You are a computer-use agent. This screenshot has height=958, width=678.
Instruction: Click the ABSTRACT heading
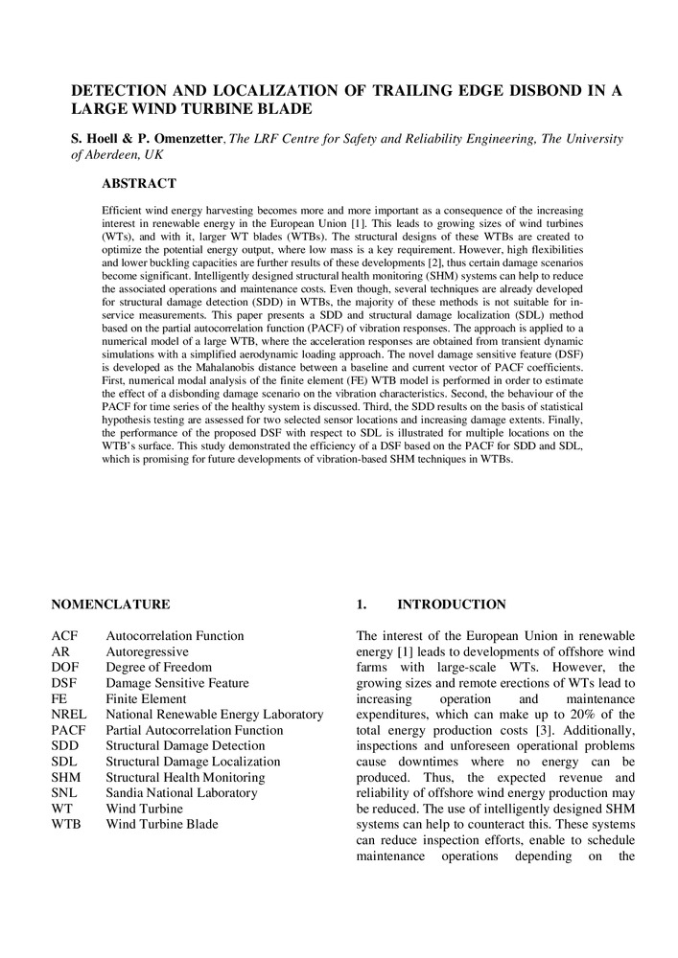[139, 183]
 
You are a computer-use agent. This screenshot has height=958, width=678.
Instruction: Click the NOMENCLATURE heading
[110, 604]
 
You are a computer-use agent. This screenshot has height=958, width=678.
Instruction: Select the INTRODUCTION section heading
[452, 604]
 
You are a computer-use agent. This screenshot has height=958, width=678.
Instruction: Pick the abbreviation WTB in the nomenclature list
[67, 824]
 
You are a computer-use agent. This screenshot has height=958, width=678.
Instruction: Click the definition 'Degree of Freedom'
[158, 668]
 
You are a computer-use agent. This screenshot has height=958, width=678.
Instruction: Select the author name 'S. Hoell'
[99, 140]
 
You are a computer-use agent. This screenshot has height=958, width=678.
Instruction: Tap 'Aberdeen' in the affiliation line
[118, 155]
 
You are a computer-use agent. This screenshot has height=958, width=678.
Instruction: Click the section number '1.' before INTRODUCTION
[362, 604]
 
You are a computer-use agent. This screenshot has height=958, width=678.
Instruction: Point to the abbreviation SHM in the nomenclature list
[66, 777]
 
